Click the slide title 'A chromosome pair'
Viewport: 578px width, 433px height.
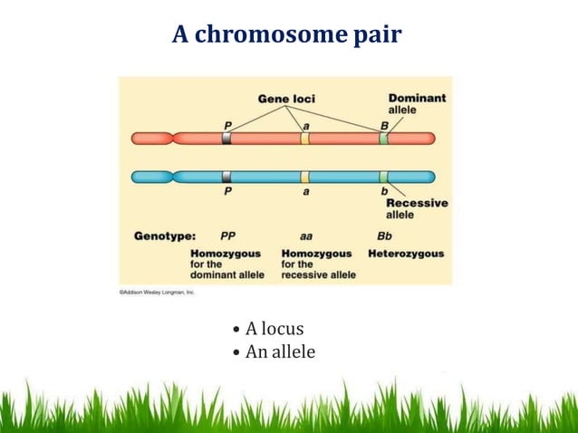tap(288, 35)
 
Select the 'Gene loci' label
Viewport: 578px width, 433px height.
tap(287, 98)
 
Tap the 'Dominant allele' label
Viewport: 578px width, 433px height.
tap(417, 103)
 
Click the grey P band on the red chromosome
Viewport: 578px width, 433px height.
tap(226, 139)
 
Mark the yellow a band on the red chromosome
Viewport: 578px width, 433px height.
tap(305, 139)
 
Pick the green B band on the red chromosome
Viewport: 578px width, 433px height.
tap(384, 139)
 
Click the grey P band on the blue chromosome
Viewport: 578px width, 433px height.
tap(226, 177)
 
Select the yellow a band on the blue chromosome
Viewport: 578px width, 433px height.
tap(305, 177)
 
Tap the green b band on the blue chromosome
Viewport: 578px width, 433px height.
tap(384, 177)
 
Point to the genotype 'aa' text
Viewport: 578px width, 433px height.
tap(306, 235)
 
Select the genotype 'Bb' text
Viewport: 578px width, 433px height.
tap(384, 235)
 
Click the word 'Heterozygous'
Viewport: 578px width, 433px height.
tap(406, 253)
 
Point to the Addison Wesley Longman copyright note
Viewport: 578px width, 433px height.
tap(157, 292)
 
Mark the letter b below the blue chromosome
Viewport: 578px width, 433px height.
tap(384, 191)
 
